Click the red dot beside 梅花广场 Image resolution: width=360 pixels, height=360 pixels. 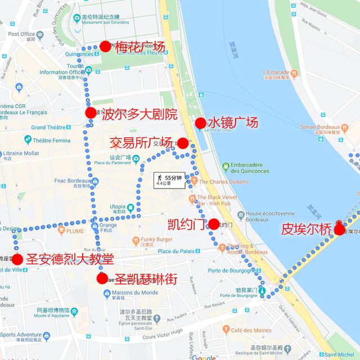click(105, 46)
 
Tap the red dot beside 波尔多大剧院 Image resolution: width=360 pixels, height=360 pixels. click(91, 113)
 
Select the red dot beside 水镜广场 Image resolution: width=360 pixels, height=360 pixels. click(200, 123)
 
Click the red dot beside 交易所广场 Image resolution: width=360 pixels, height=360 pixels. click(182, 143)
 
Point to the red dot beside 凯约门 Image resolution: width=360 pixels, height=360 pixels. click(214, 224)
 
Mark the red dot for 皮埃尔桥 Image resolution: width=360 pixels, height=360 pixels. click(339, 228)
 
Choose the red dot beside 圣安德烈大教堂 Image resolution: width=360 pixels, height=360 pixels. click(17, 259)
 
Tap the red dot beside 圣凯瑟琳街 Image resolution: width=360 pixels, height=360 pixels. click(102, 278)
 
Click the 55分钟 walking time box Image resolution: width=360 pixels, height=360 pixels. click(169, 180)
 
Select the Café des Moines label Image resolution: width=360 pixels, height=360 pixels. click(250, 330)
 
